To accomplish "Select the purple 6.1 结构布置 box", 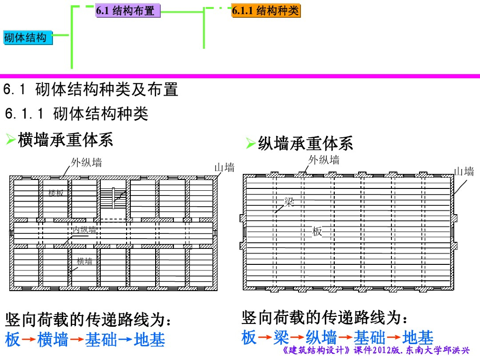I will tap(128, 11).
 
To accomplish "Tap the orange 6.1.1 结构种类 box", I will tap(266, 11).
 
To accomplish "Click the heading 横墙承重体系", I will tap(65, 140).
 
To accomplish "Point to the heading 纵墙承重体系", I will tap(305, 143).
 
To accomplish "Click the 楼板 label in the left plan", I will tap(56, 193).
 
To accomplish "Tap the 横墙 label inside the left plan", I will tap(84, 262).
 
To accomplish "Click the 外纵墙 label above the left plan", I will tap(86, 163).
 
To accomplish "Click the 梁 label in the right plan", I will tap(289, 202).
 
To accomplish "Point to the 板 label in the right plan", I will tap(317, 232).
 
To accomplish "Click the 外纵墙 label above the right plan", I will tap(323, 160).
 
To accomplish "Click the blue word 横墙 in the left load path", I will tap(53, 339).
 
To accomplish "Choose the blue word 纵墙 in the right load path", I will tap(321, 337).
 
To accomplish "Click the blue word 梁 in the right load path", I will tap(281, 337).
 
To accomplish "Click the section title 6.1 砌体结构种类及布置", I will tap(91, 89).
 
